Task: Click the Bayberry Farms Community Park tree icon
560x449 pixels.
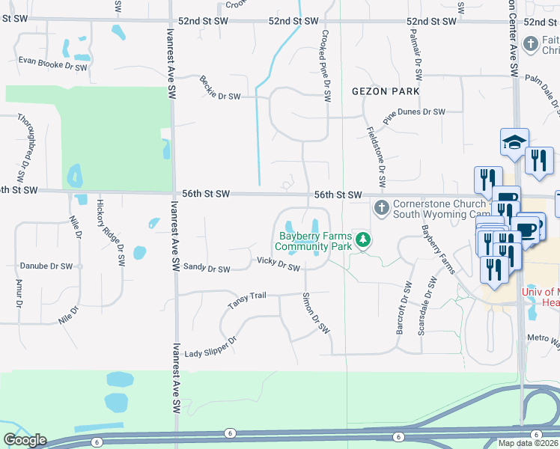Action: click(x=363, y=239)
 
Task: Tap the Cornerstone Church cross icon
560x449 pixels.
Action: click(x=381, y=207)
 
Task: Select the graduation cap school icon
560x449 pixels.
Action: click(x=514, y=141)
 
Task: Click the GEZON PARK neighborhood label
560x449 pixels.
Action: click(x=386, y=91)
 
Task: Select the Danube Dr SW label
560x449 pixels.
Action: click(x=45, y=266)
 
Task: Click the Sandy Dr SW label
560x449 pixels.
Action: click(x=207, y=267)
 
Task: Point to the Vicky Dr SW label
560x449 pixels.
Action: click(x=278, y=263)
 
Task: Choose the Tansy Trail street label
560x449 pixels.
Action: click(x=247, y=301)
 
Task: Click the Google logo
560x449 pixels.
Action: click(x=25, y=440)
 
